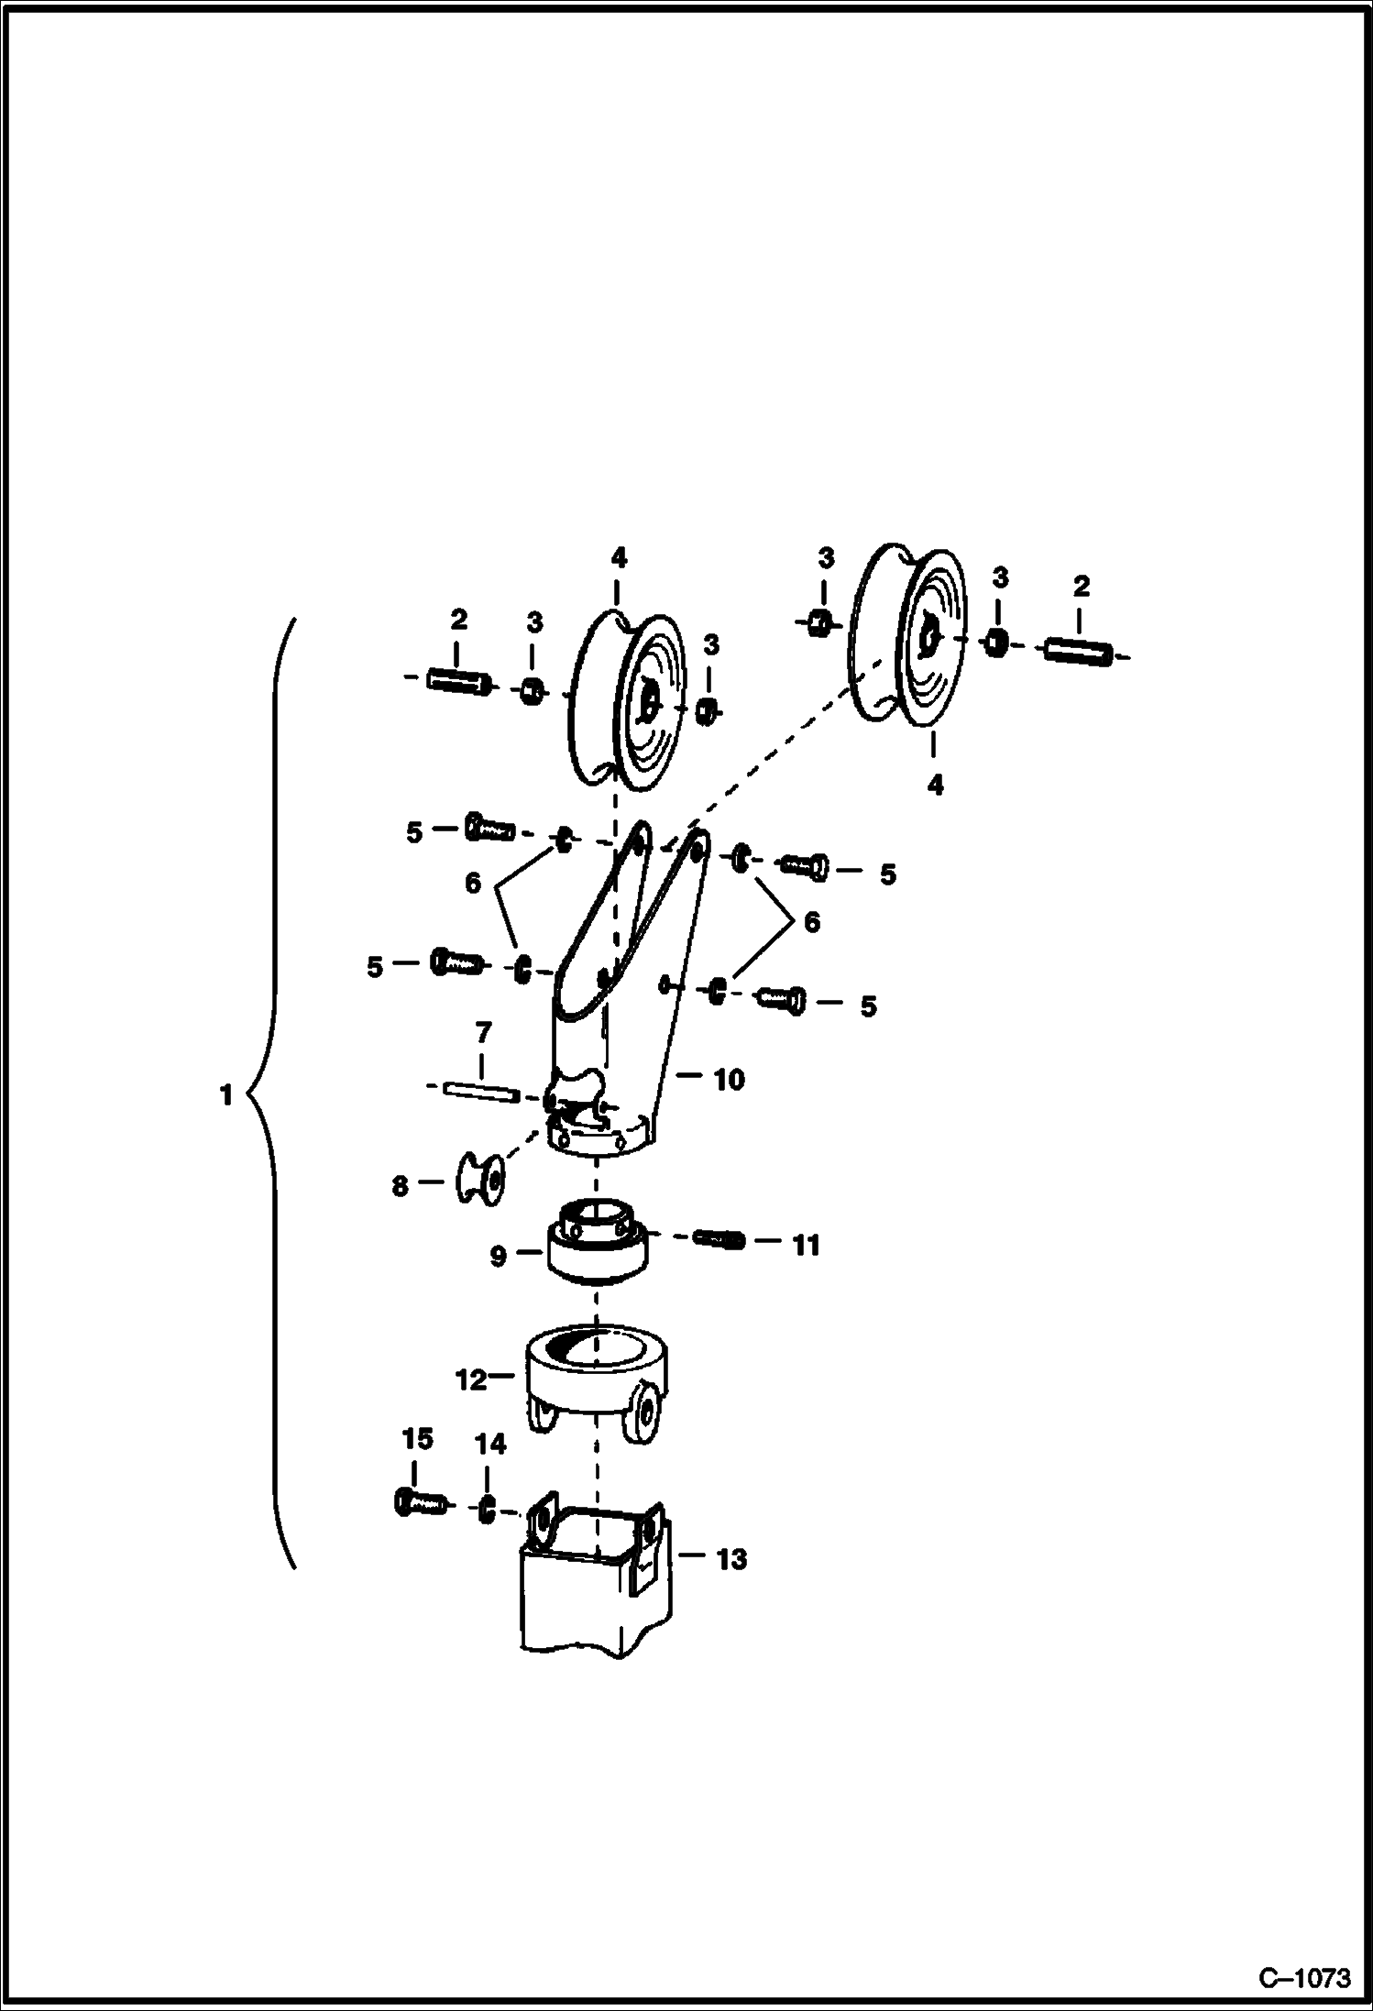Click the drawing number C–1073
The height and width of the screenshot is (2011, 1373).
(1304, 1971)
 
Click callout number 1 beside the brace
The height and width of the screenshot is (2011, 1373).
(226, 1094)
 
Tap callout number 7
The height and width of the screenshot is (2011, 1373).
(483, 1033)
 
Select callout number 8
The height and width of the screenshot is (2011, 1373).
(401, 1186)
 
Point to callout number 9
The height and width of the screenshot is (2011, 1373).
(498, 1256)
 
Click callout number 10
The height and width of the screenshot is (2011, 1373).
(729, 1080)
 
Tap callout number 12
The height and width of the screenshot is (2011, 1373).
(471, 1379)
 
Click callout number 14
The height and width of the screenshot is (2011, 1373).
(490, 1445)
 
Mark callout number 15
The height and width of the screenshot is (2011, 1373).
(417, 1439)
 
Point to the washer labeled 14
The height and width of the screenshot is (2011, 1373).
(488, 1509)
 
